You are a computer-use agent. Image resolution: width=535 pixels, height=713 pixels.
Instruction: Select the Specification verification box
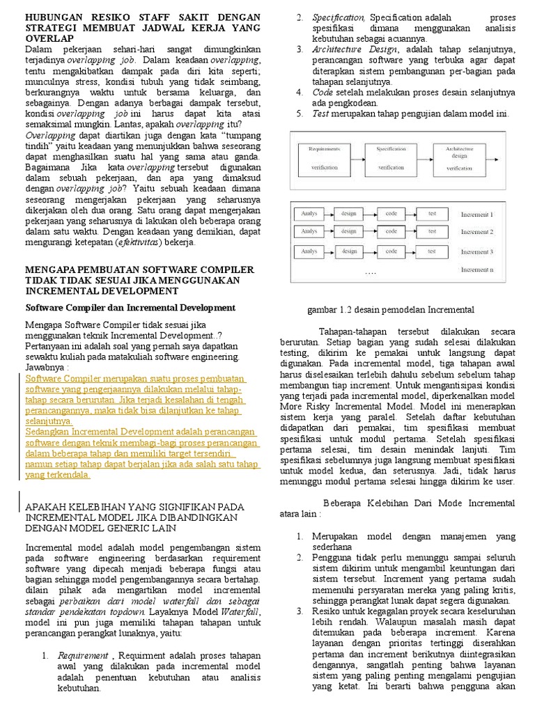coord(391,158)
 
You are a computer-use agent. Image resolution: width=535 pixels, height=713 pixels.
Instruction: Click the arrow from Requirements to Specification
coord(357,159)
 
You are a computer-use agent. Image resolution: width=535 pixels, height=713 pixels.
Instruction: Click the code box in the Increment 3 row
coord(391,251)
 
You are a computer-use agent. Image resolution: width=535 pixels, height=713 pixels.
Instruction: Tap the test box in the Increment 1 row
coord(432,214)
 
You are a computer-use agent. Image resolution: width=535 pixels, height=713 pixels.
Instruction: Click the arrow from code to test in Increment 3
coord(412,251)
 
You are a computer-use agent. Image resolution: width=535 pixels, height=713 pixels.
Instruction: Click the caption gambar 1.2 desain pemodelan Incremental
coord(391,310)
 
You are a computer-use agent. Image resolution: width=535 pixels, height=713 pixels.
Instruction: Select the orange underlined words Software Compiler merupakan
coord(86,378)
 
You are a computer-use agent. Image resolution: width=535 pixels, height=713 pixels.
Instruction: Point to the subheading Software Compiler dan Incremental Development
coord(130,307)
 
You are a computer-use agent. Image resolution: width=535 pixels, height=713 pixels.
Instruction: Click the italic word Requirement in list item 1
coord(83,655)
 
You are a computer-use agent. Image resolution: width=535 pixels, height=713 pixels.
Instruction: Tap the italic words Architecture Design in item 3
coord(345,49)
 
